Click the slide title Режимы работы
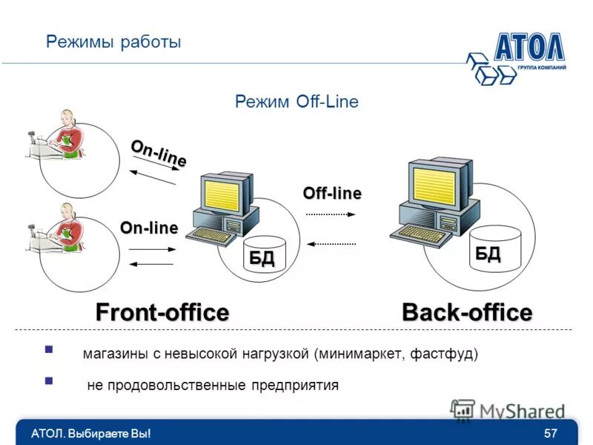113,42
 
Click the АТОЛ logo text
529,46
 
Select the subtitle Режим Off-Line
296,102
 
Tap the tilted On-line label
158,153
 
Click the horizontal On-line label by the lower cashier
149,228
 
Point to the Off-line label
331,193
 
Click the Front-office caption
162,312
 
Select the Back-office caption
466,312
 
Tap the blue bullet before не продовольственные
49,381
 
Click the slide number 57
550,433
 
